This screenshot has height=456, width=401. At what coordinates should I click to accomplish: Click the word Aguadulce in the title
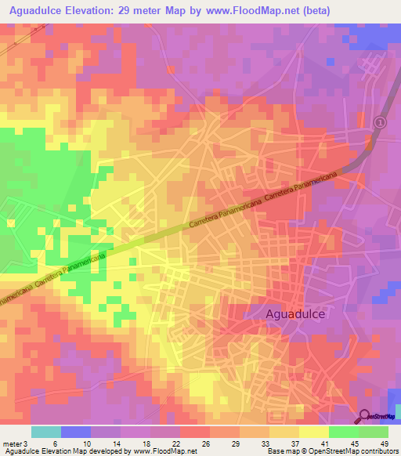click(38, 11)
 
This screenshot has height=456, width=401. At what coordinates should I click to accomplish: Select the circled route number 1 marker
click(380, 122)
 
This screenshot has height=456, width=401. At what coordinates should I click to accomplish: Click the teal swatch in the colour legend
click(46, 432)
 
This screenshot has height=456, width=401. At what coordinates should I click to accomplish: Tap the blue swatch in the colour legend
click(76, 432)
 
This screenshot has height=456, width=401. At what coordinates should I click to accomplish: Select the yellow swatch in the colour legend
click(314, 432)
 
